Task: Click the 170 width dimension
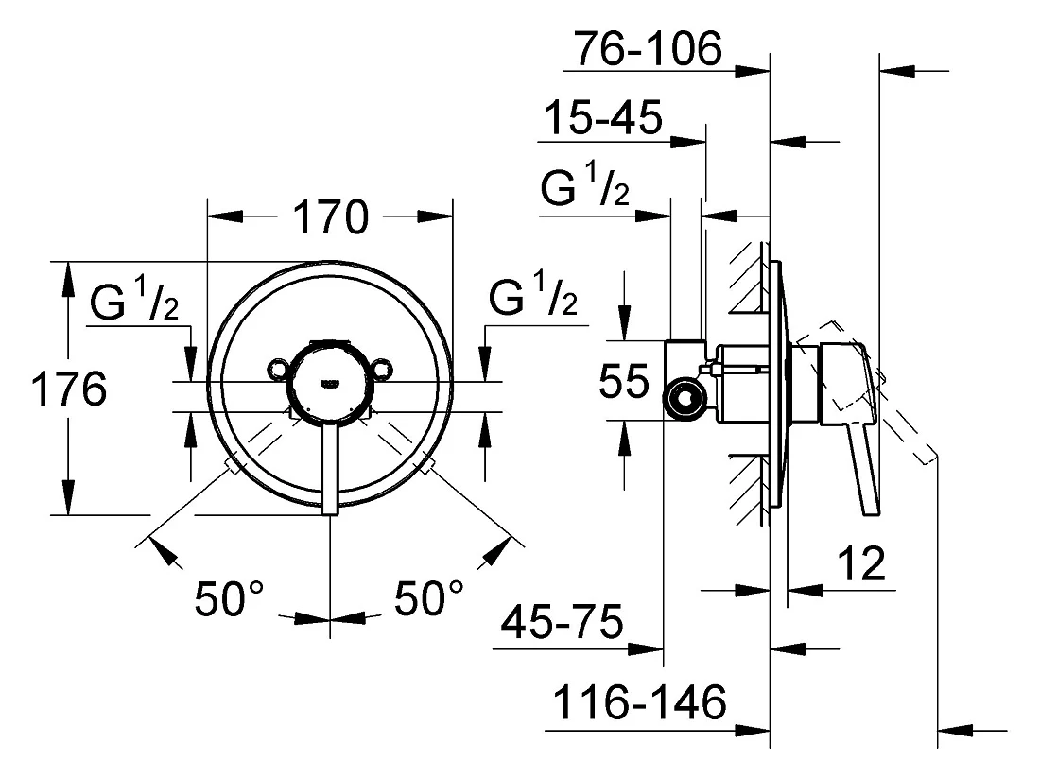pyautogui.click(x=330, y=216)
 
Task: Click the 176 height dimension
pyautogui.click(x=69, y=389)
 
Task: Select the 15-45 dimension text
pyautogui.click(x=602, y=118)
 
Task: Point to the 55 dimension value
pyautogui.click(x=623, y=381)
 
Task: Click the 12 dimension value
pyautogui.click(x=861, y=563)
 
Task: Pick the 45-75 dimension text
pyautogui.click(x=562, y=622)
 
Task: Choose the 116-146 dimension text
pyautogui.click(x=639, y=702)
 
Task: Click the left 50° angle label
pyautogui.click(x=229, y=597)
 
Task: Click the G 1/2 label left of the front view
pyautogui.click(x=134, y=299)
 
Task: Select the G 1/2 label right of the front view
pyautogui.click(x=533, y=293)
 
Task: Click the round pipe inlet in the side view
pyautogui.click(x=685, y=398)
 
